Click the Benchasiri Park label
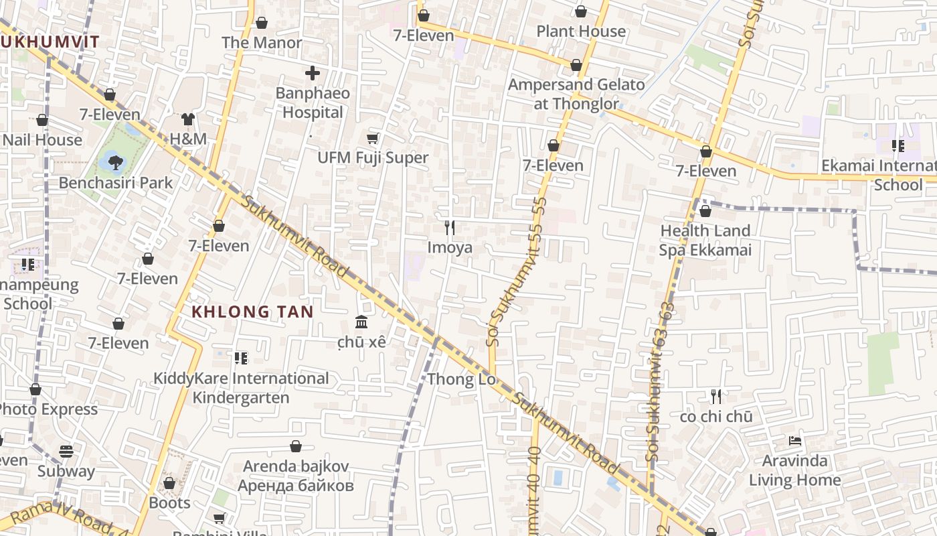click(x=115, y=182)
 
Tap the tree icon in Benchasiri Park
click(x=116, y=161)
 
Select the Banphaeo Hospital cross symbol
click(x=313, y=73)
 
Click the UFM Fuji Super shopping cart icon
click(x=373, y=138)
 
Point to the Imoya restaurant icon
click(x=450, y=228)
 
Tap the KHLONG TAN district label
click(x=252, y=312)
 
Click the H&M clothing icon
click(x=188, y=119)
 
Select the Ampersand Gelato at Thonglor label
click(x=576, y=94)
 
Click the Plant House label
click(x=581, y=31)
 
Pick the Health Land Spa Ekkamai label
click(x=705, y=241)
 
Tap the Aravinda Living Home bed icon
click(x=794, y=441)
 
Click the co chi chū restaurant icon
click(x=716, y=397)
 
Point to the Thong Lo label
click(x=462, y=379)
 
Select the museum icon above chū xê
click(x=362, y=322)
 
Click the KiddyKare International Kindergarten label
click(x=241, y=388)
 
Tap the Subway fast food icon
click(x=66, y=451)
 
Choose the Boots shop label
click(x=169, y=503)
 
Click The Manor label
click(x=262, y=42)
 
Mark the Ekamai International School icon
click(x=898, y=146)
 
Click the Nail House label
click(x=42, y=140)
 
